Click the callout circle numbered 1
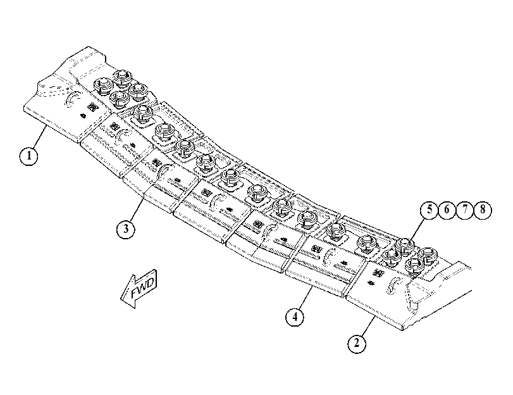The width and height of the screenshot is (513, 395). pos(28,156)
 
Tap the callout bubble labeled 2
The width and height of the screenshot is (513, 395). pos(357,343)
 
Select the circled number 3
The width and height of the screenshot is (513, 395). pos(126,229)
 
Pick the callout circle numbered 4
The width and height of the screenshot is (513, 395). pos(295,317)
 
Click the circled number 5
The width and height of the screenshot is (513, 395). pos(430,210)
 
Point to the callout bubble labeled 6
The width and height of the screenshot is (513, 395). pos(447,210)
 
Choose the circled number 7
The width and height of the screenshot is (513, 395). pos(464,210)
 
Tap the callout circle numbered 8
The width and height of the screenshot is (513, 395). pos(482,210)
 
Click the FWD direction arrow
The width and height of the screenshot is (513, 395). pos(139,288)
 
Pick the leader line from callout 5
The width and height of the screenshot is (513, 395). pos(417,229)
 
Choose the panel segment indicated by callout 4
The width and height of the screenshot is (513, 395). pos(324,264)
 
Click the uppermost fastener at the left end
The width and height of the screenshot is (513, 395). pos(122,78)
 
